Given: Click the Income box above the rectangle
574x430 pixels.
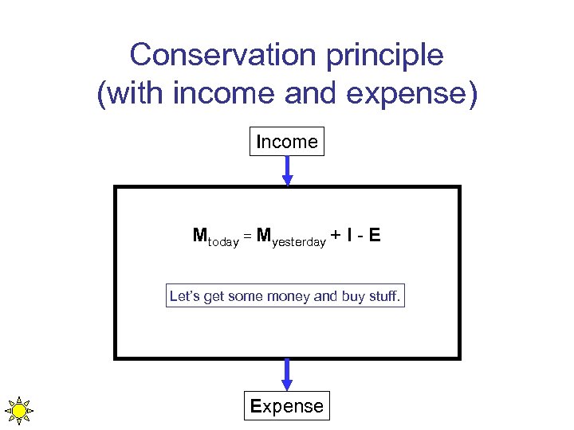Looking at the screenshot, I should point(287,142).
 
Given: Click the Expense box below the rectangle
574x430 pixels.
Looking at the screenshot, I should point(287,406).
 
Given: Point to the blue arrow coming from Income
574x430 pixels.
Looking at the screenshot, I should point(287,170).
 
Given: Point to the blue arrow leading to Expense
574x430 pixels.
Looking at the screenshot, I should point(287,374).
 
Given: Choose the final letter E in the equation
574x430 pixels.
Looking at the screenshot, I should point(375,236).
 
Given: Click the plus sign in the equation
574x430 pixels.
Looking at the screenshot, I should point(337,236).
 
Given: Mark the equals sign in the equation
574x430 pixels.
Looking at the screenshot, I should point(247,236).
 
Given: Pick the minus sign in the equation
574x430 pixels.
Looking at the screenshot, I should point(363,236).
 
